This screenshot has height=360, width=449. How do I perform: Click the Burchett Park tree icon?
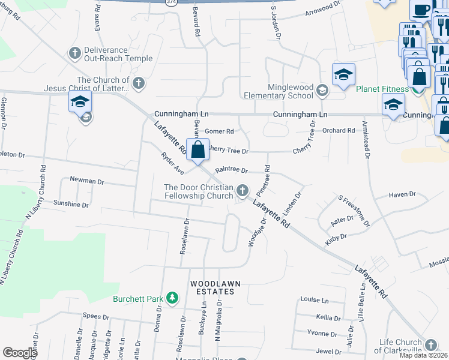pos(172,298)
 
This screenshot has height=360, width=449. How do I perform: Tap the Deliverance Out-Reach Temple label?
pos(118,54)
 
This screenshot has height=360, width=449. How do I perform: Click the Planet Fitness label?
pos(382,89)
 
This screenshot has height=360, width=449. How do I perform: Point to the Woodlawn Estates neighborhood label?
pos(212,287)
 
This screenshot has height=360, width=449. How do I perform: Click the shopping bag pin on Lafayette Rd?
pos(198,150)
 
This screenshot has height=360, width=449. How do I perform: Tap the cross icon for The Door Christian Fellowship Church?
pos(243,191)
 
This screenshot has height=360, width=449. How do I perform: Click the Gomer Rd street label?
pos(218,131)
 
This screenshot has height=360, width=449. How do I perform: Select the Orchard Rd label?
pos(339,130)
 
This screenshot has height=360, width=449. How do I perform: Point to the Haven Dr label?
pos(402,194)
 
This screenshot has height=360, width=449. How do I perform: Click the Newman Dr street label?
pos(87,180)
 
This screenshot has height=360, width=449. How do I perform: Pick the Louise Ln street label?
pos(315,299)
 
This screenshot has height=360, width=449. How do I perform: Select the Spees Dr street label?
pos(96,316)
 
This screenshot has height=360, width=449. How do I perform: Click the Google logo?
pos(20,353)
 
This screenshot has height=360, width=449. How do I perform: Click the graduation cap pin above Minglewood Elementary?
pos(343,74)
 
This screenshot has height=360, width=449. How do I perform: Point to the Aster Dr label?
pos(342,221)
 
